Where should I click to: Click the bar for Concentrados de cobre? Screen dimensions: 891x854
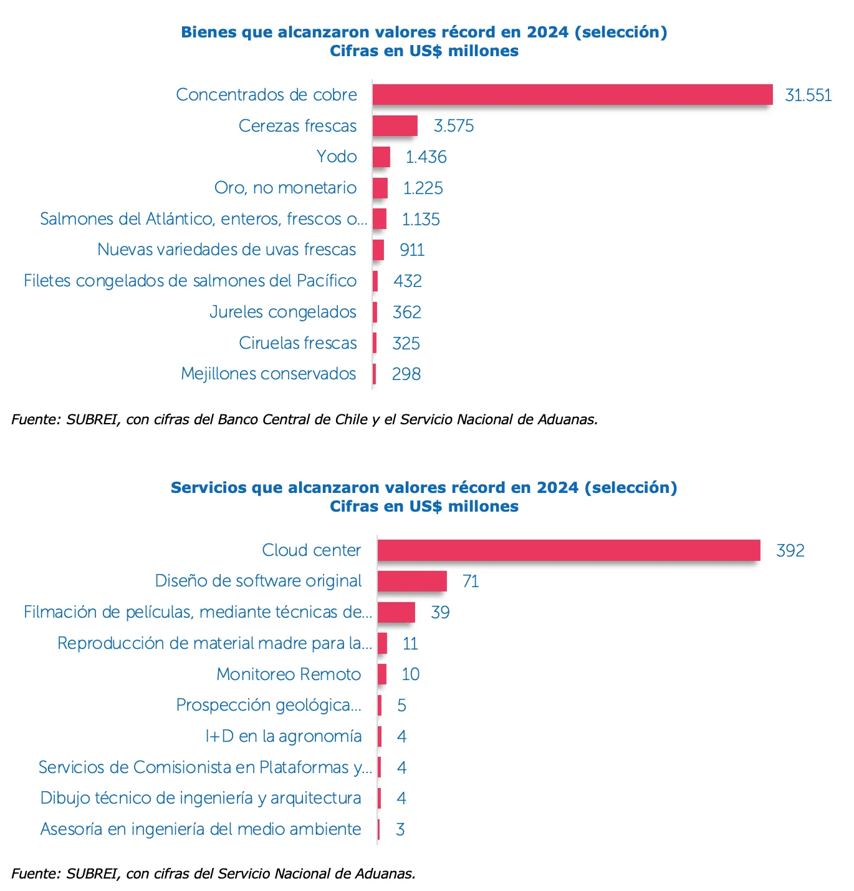[x=572, y=95]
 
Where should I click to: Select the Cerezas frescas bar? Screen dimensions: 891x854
[x=395, y=126]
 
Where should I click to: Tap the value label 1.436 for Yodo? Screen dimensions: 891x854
[x=426, y=157]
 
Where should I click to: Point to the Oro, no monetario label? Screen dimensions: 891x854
[x=285, y=188]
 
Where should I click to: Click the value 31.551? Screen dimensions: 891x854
[x=808, y=95]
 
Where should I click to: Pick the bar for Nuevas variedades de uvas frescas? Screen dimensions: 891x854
[x=378, y=250]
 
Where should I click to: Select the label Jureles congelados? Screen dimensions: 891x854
[x=283, y=312]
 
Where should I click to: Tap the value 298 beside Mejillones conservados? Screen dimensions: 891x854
[x=406, y=374]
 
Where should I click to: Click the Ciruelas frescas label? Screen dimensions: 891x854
[x=298, y=343]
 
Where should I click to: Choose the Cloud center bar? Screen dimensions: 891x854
[x=569, y=550]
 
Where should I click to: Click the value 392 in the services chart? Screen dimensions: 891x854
[x=790, y=551]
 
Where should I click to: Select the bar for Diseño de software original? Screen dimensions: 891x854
[x=412, y=582]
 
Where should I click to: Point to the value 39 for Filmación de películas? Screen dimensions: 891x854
[x=440, y=613]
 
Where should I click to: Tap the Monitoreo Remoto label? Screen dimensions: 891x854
[x=289, y=674]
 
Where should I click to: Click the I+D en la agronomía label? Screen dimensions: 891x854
[x=284, y=736]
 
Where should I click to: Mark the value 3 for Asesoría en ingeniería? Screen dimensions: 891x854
[x=400, y=830]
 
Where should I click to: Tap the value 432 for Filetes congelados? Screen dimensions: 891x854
[x=407, y=281]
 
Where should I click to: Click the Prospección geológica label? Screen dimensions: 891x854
[x=269, y=705]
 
